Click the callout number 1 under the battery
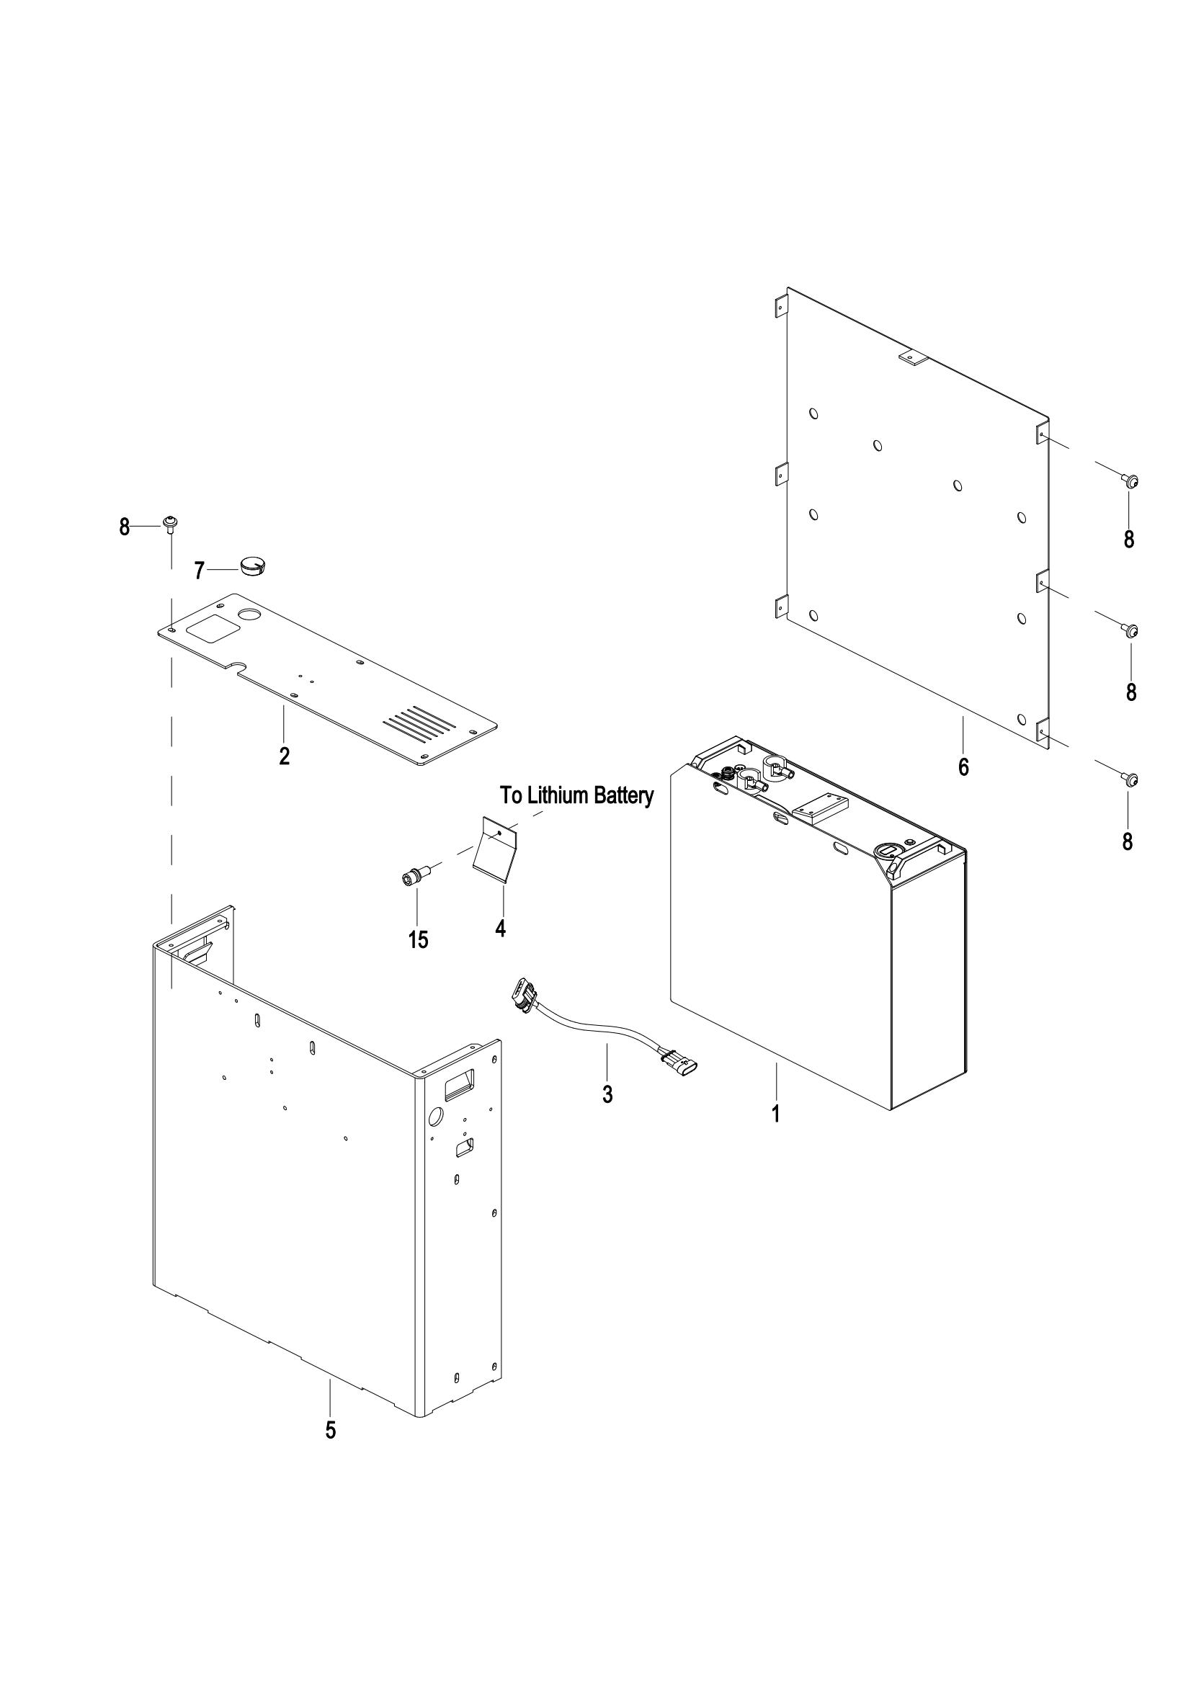775,1135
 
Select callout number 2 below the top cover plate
284,756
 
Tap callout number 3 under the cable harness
607,1114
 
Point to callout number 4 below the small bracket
501,929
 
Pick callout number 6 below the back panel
963,767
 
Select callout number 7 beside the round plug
199,571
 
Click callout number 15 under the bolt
419,940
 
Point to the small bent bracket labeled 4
495,847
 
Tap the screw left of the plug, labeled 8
170,523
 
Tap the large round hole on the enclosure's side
435,1138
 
